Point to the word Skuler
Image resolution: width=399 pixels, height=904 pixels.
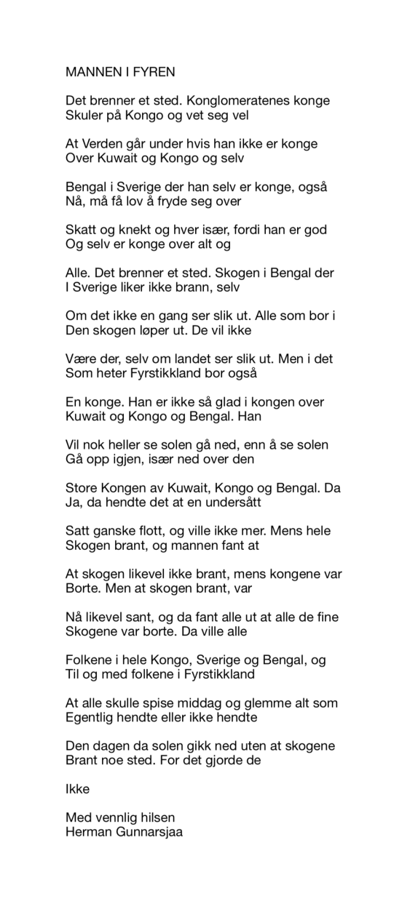point(83,115)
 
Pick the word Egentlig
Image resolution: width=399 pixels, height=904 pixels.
point(90,718)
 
